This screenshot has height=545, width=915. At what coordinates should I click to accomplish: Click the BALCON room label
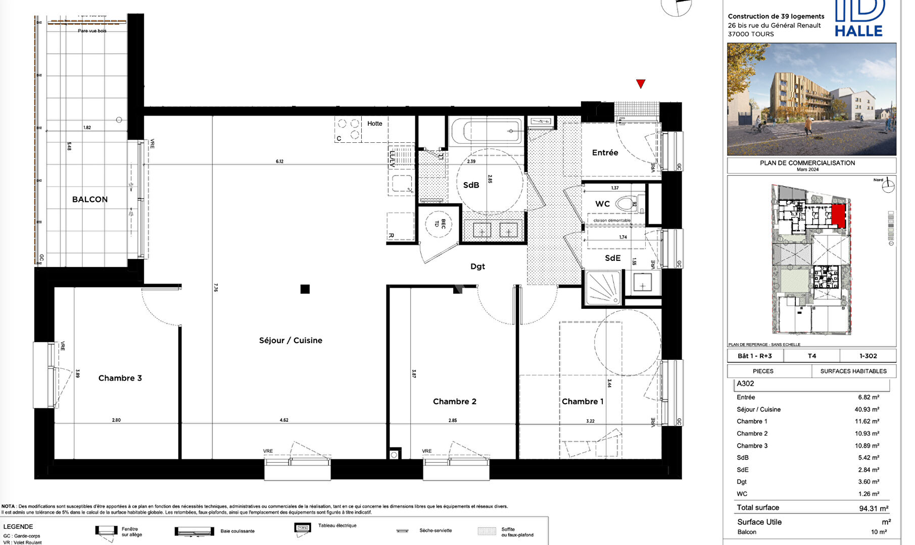pos(89,199)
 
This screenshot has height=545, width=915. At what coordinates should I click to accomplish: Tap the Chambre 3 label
pos(120,378)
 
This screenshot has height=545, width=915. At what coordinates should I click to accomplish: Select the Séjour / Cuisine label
pos(291,340)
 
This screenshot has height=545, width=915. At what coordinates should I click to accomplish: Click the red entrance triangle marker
pos(641,84)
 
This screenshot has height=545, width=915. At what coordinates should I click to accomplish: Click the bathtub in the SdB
pos(486,131)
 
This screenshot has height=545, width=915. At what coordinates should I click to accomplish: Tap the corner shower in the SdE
pos(603,288)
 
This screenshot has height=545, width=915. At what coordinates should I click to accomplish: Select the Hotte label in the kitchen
pos(374,124)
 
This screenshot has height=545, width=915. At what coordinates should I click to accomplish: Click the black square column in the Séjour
pos(305,289)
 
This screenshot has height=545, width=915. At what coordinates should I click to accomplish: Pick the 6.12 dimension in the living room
pos(279,161)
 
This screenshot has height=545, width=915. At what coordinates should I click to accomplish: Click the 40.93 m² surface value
pos(866,409)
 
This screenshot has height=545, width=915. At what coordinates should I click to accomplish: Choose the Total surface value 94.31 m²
pos(873,508)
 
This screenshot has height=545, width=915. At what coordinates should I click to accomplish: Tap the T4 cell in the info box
pos(811,356)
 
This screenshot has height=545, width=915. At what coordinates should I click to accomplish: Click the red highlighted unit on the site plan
pos(838,215)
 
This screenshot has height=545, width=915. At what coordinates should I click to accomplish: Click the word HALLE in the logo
pos(858,31)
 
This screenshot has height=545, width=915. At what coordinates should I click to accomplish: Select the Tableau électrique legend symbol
pos(302,528)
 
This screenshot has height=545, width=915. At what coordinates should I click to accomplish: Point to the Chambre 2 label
pos(454,402)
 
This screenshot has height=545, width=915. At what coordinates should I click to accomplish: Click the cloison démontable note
pos(611,221)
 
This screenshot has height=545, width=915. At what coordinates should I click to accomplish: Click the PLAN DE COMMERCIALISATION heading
pos(807,163)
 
